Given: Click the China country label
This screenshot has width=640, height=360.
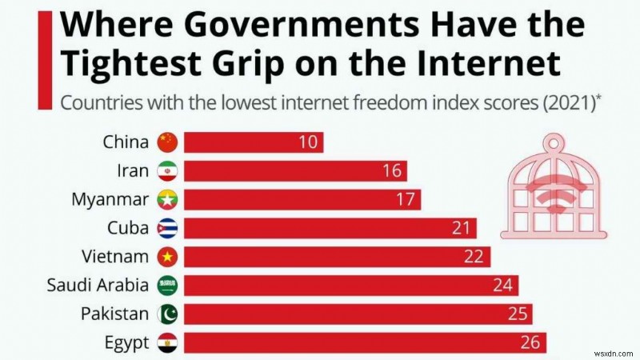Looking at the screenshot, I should point(126,142).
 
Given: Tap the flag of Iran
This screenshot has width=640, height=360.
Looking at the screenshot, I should point(167,171).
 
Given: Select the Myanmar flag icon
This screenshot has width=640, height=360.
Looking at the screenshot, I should point(167,199).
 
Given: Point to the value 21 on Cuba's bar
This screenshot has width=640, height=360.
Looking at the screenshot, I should point(459,228).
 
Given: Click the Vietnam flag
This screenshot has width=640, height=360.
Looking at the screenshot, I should point(167,257).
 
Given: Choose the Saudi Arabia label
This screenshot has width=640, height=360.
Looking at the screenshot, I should point(98,286).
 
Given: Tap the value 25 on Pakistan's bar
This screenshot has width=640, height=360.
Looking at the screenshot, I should point(515,314).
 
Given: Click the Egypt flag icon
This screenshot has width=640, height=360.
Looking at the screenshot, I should point(167,342).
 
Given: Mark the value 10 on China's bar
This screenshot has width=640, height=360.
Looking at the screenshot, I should point(307,143).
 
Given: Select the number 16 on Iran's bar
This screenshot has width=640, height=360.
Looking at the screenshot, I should point(391,171).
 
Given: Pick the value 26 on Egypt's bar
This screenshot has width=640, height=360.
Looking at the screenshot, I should point(529,342).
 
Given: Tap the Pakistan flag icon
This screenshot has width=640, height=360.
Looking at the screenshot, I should point(167,314).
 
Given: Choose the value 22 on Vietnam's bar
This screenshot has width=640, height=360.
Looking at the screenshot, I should point(473,257).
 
